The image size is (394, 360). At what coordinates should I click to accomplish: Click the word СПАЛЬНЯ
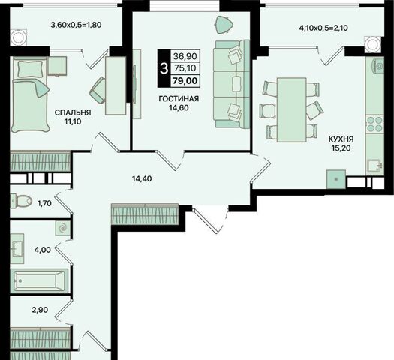(73, 112)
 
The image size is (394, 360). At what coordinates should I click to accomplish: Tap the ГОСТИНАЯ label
(179, 99)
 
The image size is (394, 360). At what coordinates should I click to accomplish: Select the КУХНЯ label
(341, 139)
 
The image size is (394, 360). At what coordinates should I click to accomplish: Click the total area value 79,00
(185, 81)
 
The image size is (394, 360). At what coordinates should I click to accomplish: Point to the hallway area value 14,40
(142, 178)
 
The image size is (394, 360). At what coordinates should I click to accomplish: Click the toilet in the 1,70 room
(21, 201)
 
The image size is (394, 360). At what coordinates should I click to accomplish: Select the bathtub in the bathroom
(39, 281)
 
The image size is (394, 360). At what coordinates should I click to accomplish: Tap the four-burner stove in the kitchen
(374, 124)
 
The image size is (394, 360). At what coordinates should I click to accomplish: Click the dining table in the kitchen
(291, 110)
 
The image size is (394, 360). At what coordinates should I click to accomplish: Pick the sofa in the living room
(231, 84)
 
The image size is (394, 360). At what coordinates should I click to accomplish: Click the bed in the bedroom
(30, 94)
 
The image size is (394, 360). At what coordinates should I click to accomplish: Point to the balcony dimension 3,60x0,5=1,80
(76, 25)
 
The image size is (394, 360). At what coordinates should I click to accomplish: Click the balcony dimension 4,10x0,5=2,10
(323, 28)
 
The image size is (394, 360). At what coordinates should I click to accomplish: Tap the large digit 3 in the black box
(164, 68)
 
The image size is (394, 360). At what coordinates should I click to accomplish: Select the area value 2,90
(40, 310)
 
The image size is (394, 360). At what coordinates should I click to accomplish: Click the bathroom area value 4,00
(43, 250)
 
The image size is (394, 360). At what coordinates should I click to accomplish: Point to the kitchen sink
(374, 166)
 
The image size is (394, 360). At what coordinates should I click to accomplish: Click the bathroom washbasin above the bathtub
(17, 248)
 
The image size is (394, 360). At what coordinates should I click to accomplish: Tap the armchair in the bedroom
(98, 90)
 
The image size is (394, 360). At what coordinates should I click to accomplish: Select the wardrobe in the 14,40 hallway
(145, 214)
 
